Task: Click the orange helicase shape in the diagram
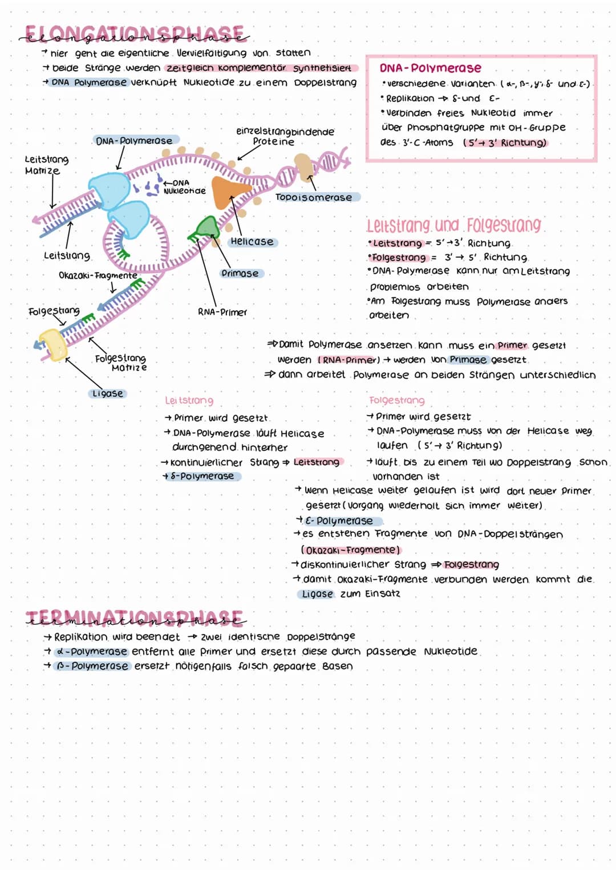pos(229,192)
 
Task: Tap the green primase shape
pos(205,229)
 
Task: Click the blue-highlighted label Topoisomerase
pos(314,197)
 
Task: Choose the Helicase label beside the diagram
pos(252,242)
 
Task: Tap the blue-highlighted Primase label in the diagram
pos(240,274)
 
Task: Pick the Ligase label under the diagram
pos(108,393)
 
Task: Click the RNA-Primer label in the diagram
pos(222,312)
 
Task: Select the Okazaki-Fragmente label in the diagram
pos(98,276)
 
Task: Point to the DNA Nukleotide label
pos(184,187)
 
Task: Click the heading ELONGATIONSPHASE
pos(135,34)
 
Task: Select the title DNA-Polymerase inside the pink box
pos(430,68)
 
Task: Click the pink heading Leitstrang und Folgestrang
pos(453,225)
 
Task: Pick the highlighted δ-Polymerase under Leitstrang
pos(202,476)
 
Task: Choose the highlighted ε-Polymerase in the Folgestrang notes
pos(339,521)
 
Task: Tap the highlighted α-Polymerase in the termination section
pos(91,651)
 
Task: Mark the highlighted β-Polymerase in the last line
pos(92,666)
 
